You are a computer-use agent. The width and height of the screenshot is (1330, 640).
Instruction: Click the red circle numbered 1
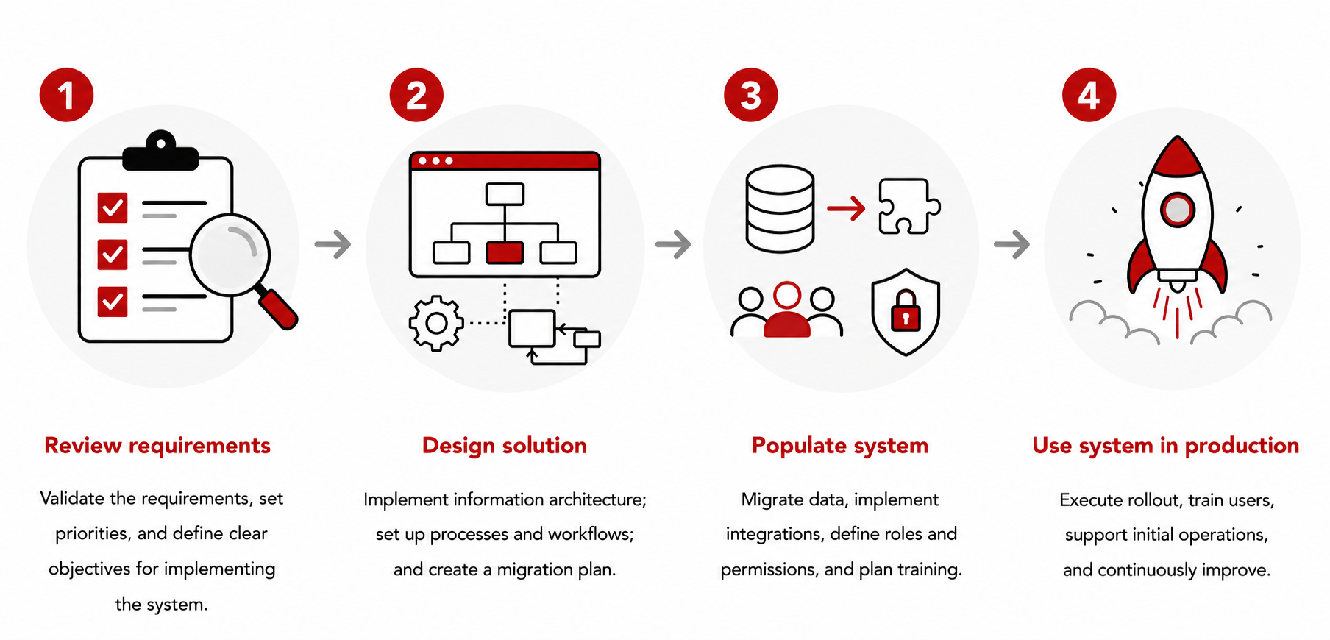coord(67,95)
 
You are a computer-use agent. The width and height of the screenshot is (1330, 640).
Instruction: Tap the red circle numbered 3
coord(751,95)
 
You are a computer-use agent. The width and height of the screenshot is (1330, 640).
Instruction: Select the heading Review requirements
coord(157,446)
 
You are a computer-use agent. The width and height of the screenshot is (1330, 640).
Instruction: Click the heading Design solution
coord(505,446)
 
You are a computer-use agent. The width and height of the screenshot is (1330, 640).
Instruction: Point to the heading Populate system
coord(840,446)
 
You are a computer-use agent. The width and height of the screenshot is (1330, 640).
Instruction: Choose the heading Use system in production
coord(1166,446)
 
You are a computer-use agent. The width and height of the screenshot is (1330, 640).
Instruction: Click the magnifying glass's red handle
coord(278,308)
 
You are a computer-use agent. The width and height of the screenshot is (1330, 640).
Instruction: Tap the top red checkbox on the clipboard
coord(113,207)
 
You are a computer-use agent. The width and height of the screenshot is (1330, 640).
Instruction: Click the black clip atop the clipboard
coord(160,152)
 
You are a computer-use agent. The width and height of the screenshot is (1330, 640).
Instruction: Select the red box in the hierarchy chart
coord(505,252)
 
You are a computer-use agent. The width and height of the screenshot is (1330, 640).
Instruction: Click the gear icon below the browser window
coord(436,323)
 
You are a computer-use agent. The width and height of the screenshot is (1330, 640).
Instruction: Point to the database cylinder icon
coord(780,208)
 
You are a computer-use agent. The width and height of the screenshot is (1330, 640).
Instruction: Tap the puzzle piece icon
coord(909,207)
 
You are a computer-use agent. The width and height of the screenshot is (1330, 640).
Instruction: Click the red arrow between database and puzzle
coord(846,208)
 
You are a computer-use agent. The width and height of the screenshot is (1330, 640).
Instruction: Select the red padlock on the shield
coord(906,311)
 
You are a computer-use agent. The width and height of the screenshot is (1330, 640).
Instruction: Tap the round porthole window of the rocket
coord(1177,210)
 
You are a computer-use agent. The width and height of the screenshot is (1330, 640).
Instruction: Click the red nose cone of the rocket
coord(1178,157)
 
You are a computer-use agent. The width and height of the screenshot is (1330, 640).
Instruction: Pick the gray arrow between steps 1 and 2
coord(332,244)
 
